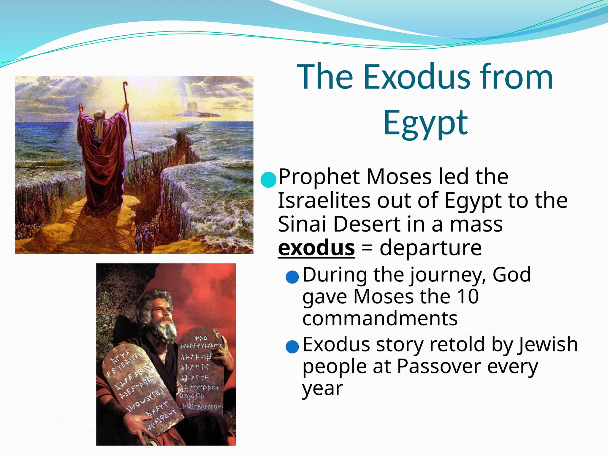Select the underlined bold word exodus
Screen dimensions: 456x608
(316, 248)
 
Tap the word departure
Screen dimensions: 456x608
(430, 248)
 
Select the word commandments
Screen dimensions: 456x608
(380, 319)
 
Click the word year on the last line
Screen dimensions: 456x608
(322, 389)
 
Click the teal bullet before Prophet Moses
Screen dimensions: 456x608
(268, 179)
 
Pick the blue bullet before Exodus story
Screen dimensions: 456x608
(292, 347)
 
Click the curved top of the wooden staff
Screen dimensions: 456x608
(125, 85)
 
